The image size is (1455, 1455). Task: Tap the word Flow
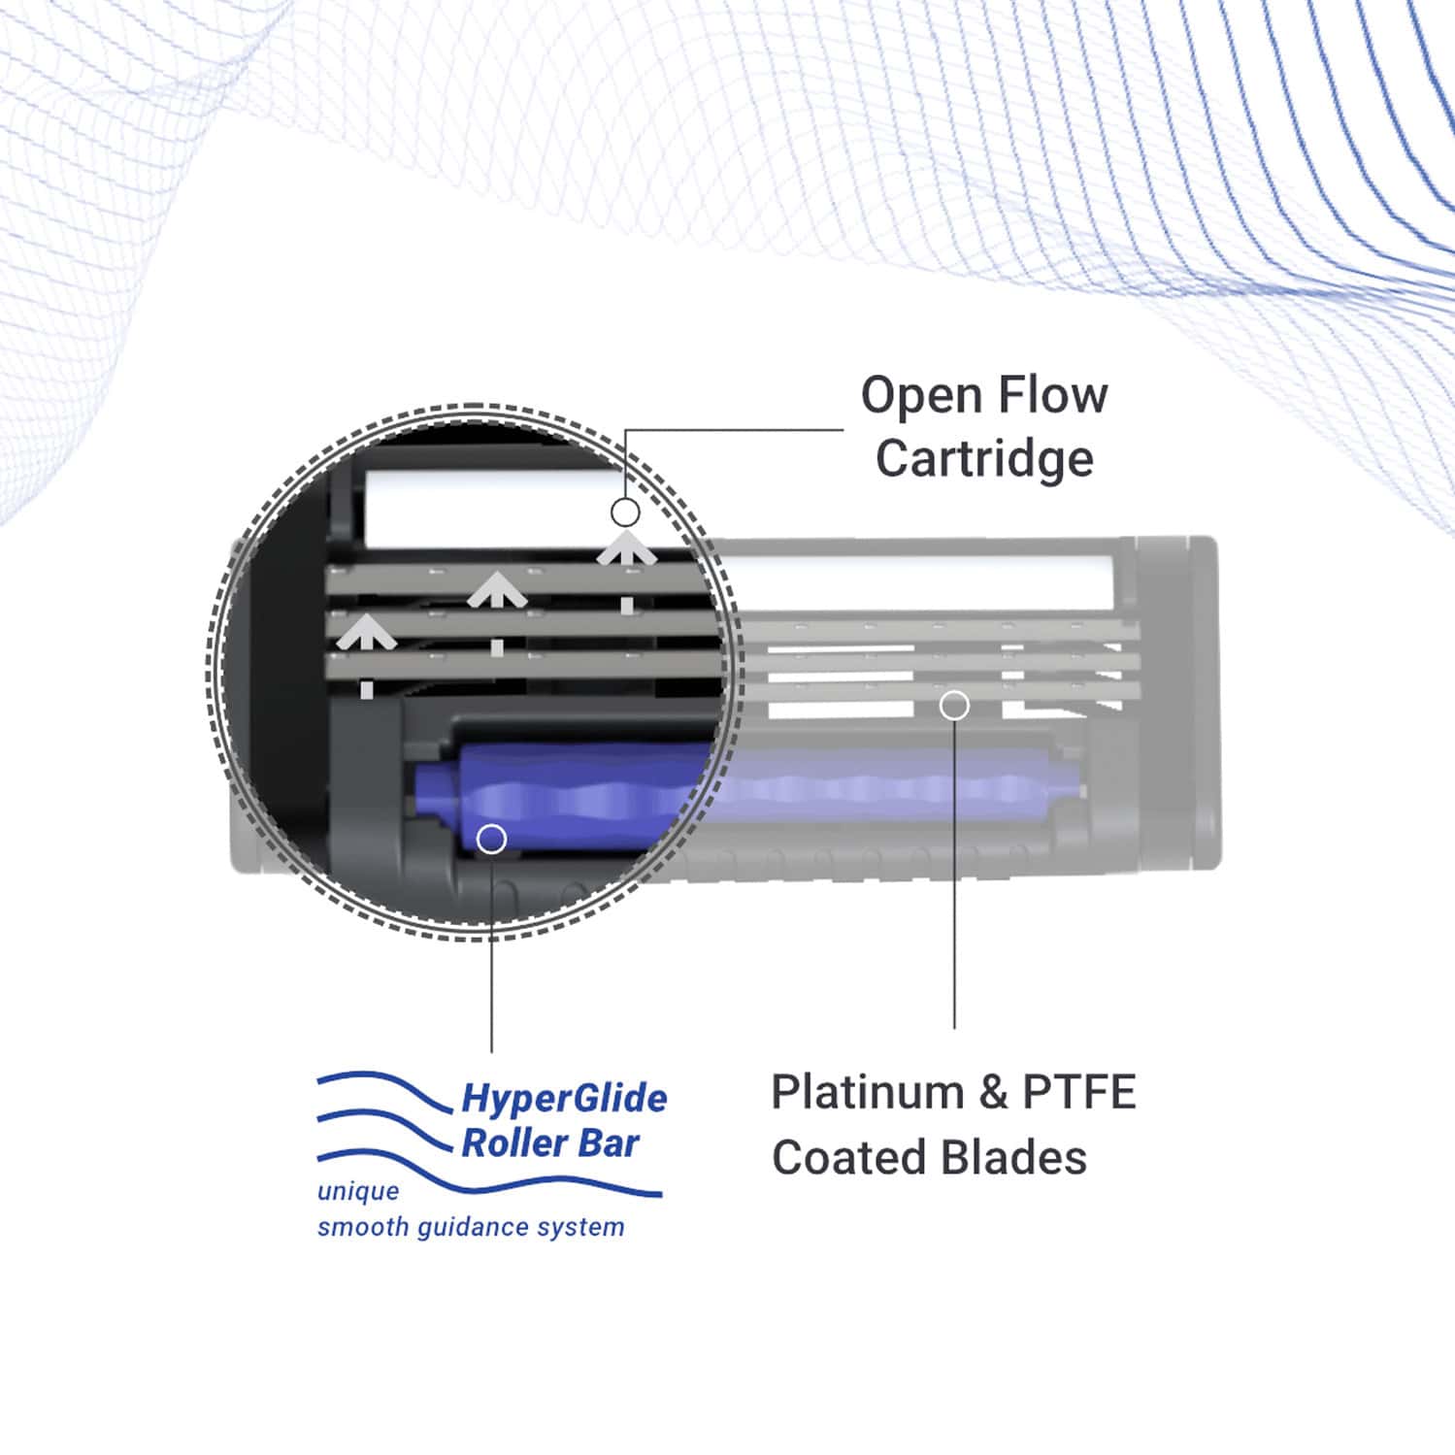[1052, 395]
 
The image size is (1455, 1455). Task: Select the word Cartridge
[984, 459]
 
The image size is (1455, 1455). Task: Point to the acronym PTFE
[1078, 1093]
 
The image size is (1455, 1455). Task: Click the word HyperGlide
[564, 1099]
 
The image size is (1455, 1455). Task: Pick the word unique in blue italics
[358, 1191]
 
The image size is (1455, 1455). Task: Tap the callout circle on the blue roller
[492, 839]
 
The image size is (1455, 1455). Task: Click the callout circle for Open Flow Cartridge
[625, 512]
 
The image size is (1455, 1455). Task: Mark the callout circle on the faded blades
[954, 706]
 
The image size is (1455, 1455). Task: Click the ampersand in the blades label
[992, 1093]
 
